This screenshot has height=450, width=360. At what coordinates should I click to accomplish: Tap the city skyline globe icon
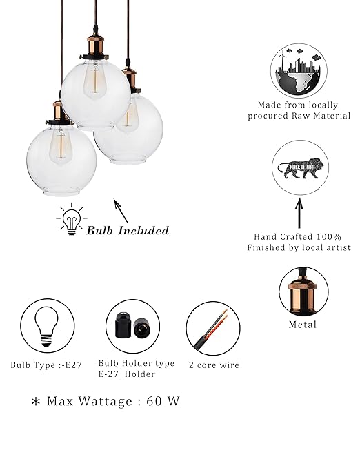click(299, 70)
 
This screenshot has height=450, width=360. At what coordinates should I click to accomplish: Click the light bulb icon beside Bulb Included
click(72, 220)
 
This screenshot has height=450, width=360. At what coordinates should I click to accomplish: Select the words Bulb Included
click(128, 230)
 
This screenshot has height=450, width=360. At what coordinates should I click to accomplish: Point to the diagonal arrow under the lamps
click(121, 211)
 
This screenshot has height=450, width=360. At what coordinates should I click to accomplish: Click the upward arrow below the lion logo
click(299, 213)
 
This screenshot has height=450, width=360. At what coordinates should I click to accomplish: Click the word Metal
click(303, 325)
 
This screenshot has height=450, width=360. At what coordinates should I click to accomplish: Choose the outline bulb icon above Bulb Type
click(46, 327)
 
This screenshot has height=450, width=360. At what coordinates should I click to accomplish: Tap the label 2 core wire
click(214, 365)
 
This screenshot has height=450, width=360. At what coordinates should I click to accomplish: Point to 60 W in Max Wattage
click(163, 401)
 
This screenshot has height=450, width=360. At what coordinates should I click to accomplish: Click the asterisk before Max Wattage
click(36, 402)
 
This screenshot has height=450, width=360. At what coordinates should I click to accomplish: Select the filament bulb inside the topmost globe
click(94, 81)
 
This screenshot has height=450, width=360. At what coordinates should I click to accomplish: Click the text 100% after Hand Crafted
click(329, 237)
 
